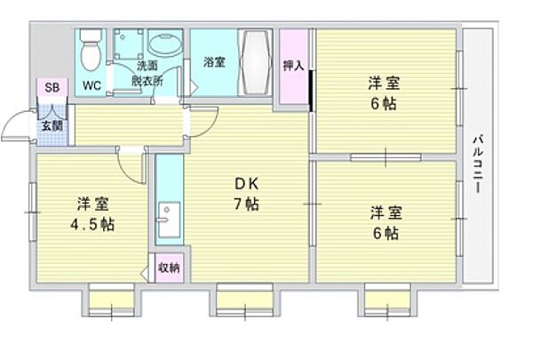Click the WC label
(91, 85)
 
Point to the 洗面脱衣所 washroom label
(148, 72)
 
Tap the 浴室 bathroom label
(213, 62)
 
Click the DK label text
(246, 184)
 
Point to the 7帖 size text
(246, 205)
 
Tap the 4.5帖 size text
(93, 223)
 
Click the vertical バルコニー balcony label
(478, 165)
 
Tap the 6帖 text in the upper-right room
(385, 103)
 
